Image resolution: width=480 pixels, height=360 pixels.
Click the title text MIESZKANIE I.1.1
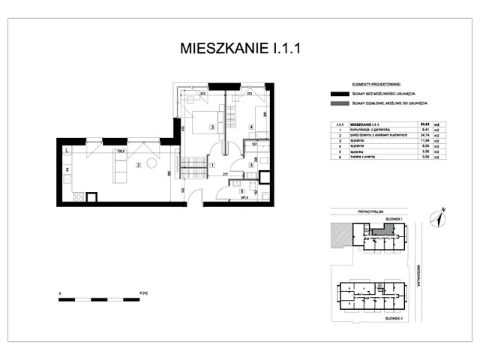click(x=241, y=49)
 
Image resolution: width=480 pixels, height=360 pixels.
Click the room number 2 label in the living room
click(x=138, y=164)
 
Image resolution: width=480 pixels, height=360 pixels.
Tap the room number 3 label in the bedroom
click(x=212, y=127)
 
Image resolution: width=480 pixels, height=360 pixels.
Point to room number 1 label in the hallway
click(x=212, y=164)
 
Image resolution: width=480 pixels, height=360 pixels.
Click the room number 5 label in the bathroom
click(x=251, y=164)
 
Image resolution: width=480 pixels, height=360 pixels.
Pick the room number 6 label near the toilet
click(x=241, y=191)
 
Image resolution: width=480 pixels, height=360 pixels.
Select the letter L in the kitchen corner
click(x=67, y=150)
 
